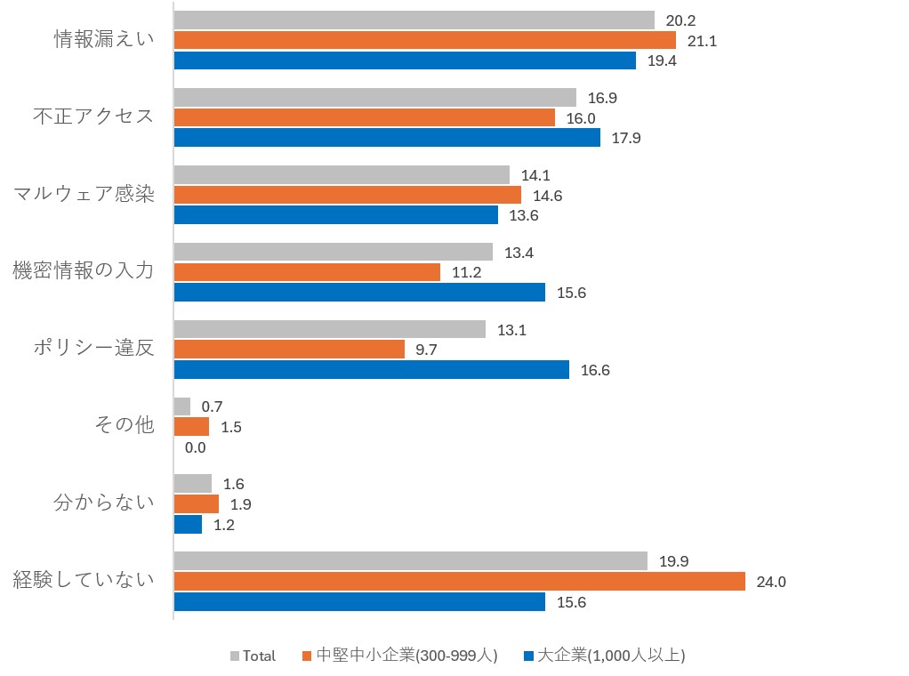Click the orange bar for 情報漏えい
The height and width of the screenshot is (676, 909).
pos(425,40)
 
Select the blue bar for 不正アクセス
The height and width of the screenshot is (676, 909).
pos(387,137)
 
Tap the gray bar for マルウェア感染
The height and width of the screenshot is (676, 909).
pos(342,174)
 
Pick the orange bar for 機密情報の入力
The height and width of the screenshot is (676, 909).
pos(307,272)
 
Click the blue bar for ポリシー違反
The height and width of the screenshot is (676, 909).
pos(372,369)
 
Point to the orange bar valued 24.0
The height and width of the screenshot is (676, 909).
pos(460,582)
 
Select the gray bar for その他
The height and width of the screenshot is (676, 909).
pos(182,406)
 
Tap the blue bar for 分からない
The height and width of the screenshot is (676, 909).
pos(188,525)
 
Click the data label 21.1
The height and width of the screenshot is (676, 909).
pos(702,41)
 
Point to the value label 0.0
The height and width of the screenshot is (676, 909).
pos(196,447)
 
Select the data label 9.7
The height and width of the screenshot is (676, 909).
pos(426,350)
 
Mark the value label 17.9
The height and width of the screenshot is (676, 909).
pos(626,138)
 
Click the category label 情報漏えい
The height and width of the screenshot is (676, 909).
pos(104,39)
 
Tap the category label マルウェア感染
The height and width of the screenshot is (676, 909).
pos(84,193)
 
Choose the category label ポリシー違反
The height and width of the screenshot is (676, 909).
pos(94,347)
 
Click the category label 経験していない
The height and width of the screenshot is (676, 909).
pos(84,579)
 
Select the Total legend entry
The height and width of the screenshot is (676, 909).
pos(253,656)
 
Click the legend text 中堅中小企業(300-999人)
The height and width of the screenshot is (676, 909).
pos(407,656)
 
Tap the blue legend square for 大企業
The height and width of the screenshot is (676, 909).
pos(528,656)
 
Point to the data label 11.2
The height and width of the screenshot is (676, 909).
pos(467,272)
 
